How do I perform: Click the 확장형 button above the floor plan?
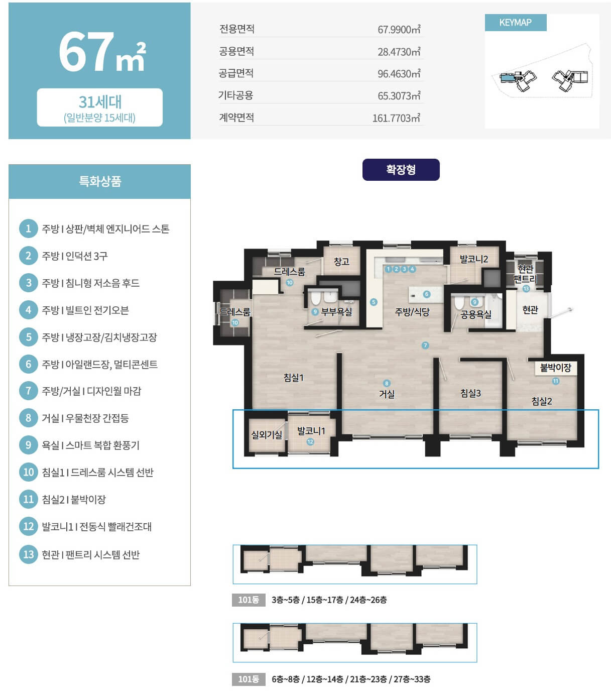[x=400, y=169]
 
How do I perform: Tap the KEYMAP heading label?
[x=515, y=23]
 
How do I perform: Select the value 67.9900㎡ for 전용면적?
[x=399, y=30]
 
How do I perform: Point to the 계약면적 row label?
[x=236, y=118]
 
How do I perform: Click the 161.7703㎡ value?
[x=396, y=118]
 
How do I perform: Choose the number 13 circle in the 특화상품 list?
[x=29, y=554]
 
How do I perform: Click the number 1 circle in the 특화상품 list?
[x=29, y=228]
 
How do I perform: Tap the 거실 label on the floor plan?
[x=386, y=394]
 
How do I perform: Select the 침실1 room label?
[x=293, y=377]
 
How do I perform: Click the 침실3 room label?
[x=470, y=393]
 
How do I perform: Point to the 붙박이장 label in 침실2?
[x=555, y=368]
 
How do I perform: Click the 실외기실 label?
[x=267, y=435]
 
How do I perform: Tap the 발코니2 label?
[x=473, y=259]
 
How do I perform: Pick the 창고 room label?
[x=341, y=262]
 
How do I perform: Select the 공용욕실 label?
[x=475, y=314]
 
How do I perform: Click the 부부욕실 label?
[x=336, y=312]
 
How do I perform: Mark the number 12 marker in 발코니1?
[x=310, y=441]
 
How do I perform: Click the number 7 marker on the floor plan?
[x=425, y=345]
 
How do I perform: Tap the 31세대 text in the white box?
[x=100, y=101]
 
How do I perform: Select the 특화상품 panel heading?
[x=100, y=181]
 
